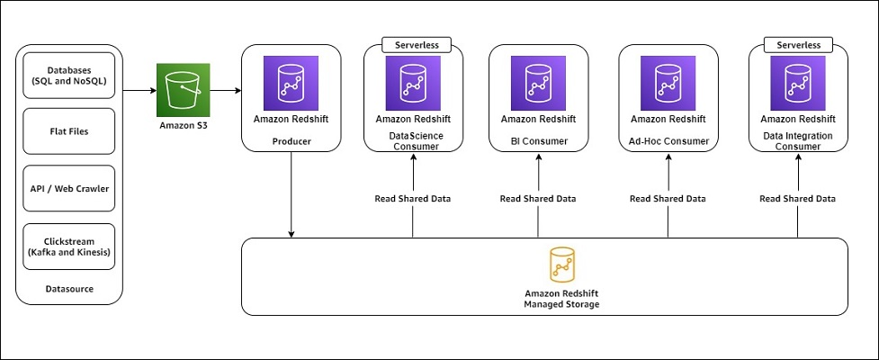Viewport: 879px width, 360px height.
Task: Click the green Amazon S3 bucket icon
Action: (x=183, y=89)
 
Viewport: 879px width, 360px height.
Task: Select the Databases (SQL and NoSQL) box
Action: (x=68, y=75)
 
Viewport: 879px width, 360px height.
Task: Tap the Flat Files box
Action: (x=68, y=131)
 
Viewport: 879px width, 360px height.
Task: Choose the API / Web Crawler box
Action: (x=68, y=188)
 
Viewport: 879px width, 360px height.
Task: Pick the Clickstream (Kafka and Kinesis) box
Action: (x=68, y=246)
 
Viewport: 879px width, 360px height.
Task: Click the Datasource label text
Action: (x=69, y=289)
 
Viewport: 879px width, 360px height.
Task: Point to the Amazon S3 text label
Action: (x=183, y=126)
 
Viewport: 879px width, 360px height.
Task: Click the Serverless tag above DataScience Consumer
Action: (x=413, y=44)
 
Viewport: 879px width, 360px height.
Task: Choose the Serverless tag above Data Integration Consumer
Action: (x=798, y=44)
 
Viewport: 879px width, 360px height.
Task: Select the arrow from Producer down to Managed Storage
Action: (x=291, y=193)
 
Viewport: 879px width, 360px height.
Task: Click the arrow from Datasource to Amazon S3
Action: (x=139, y=90)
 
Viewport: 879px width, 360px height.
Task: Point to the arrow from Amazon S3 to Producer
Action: (x=226, y=90)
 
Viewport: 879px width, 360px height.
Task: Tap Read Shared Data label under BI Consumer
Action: (x=538, y=199)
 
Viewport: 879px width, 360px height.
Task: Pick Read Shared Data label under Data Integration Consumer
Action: (x=798, y=199)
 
